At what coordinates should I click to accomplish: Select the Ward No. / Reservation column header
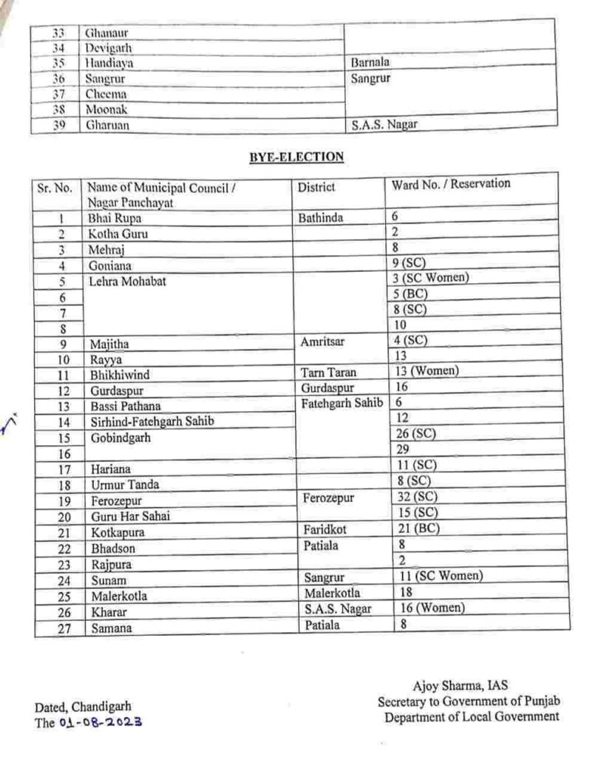click(x=451, y=184)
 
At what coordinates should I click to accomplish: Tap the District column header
click(x=316, y=188)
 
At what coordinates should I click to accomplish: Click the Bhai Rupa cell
click(x=115, y=219)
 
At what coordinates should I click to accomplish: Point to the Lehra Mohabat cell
click(x=127, y=281)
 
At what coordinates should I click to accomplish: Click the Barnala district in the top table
click(x=370, y=63)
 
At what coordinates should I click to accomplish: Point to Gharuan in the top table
click(x=108, y=125)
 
